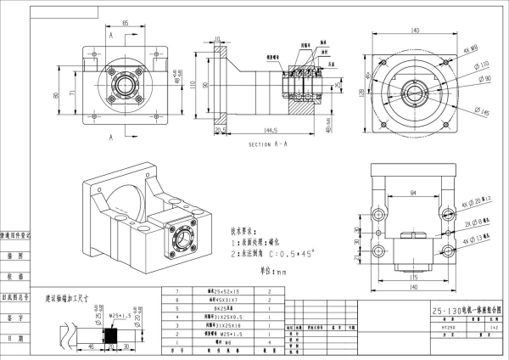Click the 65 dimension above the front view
coord(125,24)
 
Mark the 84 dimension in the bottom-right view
coord(415,194)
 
